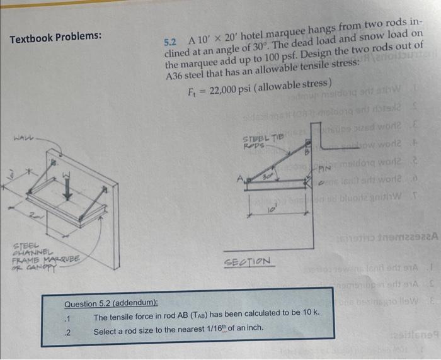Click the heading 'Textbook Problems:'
pyautogui.click(x=55, y=37)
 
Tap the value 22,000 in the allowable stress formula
pyautogui.click(x=224, y=86)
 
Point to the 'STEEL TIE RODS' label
pyautogui.click(x=257, y=141)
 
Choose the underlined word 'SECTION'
pyautogui.click(x=255, y=261)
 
